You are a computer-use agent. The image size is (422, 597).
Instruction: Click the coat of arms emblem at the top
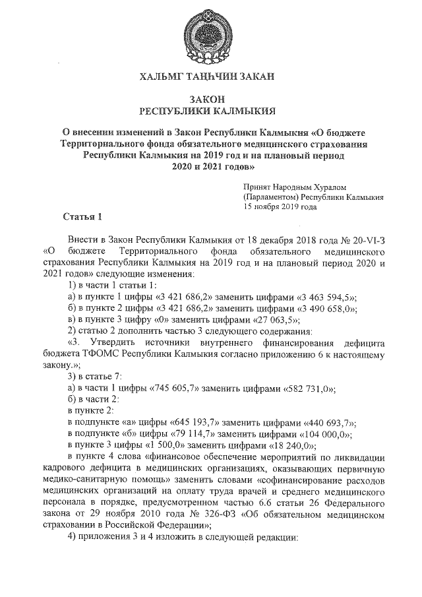(x=210, y=33)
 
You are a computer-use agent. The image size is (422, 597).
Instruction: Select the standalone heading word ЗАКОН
(x=210, y=99)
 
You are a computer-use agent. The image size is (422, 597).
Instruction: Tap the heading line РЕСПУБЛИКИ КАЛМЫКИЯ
(x=210, y=111)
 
